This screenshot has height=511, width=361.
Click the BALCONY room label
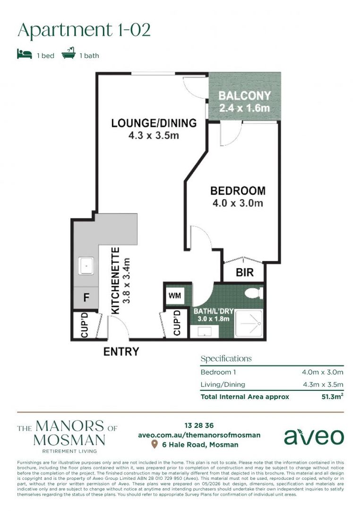[245, 96]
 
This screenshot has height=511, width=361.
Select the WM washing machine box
[175, 296]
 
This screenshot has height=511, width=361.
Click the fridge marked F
[86, 297]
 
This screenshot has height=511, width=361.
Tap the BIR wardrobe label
[244, 272]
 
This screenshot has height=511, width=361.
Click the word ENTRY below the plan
[121, 351]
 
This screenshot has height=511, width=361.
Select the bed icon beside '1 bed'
[25, 54]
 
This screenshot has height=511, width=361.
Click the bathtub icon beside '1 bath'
[69, 53]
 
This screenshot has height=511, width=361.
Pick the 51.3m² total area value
[332, 396]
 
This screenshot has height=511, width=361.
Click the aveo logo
[314, 437]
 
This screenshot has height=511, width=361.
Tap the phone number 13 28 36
[199, 425]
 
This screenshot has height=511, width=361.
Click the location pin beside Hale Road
[155, 444]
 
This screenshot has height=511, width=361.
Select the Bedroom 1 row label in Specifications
[218, 372]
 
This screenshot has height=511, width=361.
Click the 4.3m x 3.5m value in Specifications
[323, 385]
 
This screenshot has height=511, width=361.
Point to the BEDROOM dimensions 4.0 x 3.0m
[238, 203]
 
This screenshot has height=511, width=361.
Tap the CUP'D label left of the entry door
[84, 325]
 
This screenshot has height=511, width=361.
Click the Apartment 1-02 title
[84, 30]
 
